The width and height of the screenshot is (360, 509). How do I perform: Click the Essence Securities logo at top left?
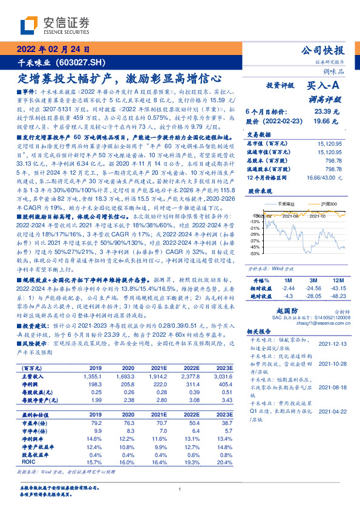tap(54, 25)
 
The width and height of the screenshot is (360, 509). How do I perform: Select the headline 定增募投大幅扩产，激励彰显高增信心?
tap(120, 78)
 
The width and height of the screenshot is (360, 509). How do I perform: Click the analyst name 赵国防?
tap(296, 308)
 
